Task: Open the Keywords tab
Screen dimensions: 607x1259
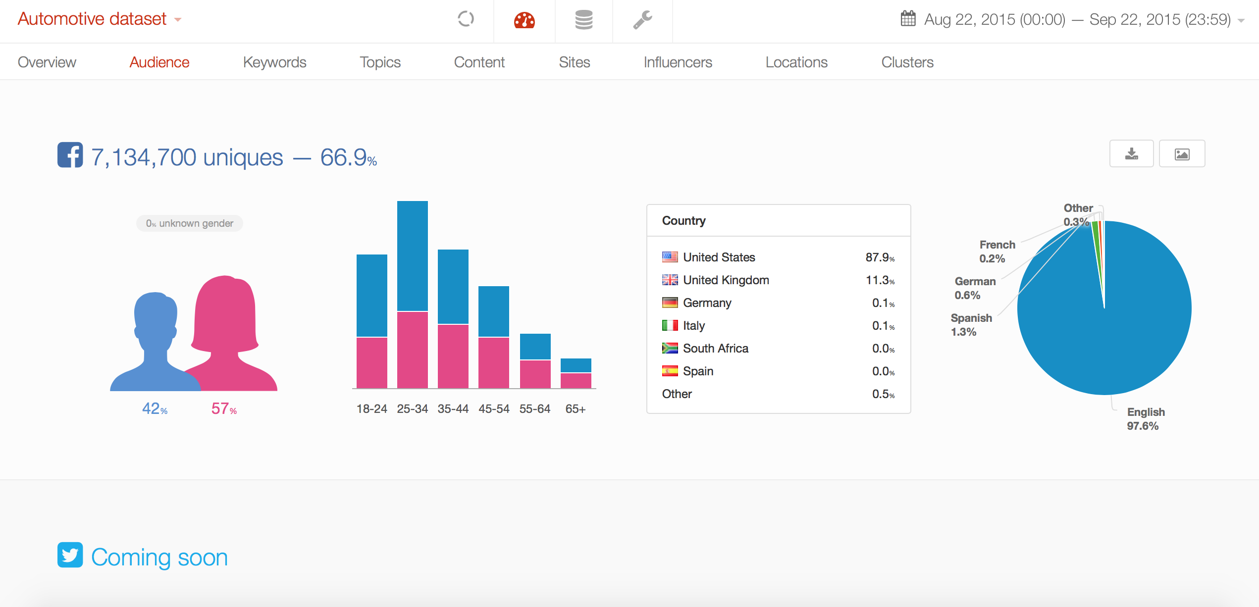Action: pos(274,62)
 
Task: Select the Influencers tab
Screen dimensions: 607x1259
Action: pos(678,62)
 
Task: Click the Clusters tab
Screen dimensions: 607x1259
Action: pos(907,62)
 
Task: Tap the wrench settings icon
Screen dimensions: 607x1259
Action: pos(642,20)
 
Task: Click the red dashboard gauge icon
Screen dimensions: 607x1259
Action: pos(524,20)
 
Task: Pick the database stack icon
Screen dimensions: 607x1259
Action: pos(583,20)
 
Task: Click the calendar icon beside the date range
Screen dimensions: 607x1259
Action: pos(908,19)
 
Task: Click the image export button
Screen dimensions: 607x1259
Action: pos(1182,154)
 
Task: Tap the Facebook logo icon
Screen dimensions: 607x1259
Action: pos(70,155)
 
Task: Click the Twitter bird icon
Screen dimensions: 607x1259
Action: pos(70,555)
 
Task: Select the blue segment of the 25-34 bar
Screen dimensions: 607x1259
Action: pos(412,255)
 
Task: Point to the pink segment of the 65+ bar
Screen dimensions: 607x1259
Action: pos(576,380)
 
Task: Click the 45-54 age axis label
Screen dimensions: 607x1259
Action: pos(494,409)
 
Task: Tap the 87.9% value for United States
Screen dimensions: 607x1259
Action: pos(880,257)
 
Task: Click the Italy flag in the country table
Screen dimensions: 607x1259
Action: pos(670,325)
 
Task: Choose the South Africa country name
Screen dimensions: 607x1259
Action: pos(715,349)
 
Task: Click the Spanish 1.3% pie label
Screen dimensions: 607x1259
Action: pos(971,325)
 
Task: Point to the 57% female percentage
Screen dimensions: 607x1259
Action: pos(224,409)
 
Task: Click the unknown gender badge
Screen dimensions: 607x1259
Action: pos(190,223)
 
